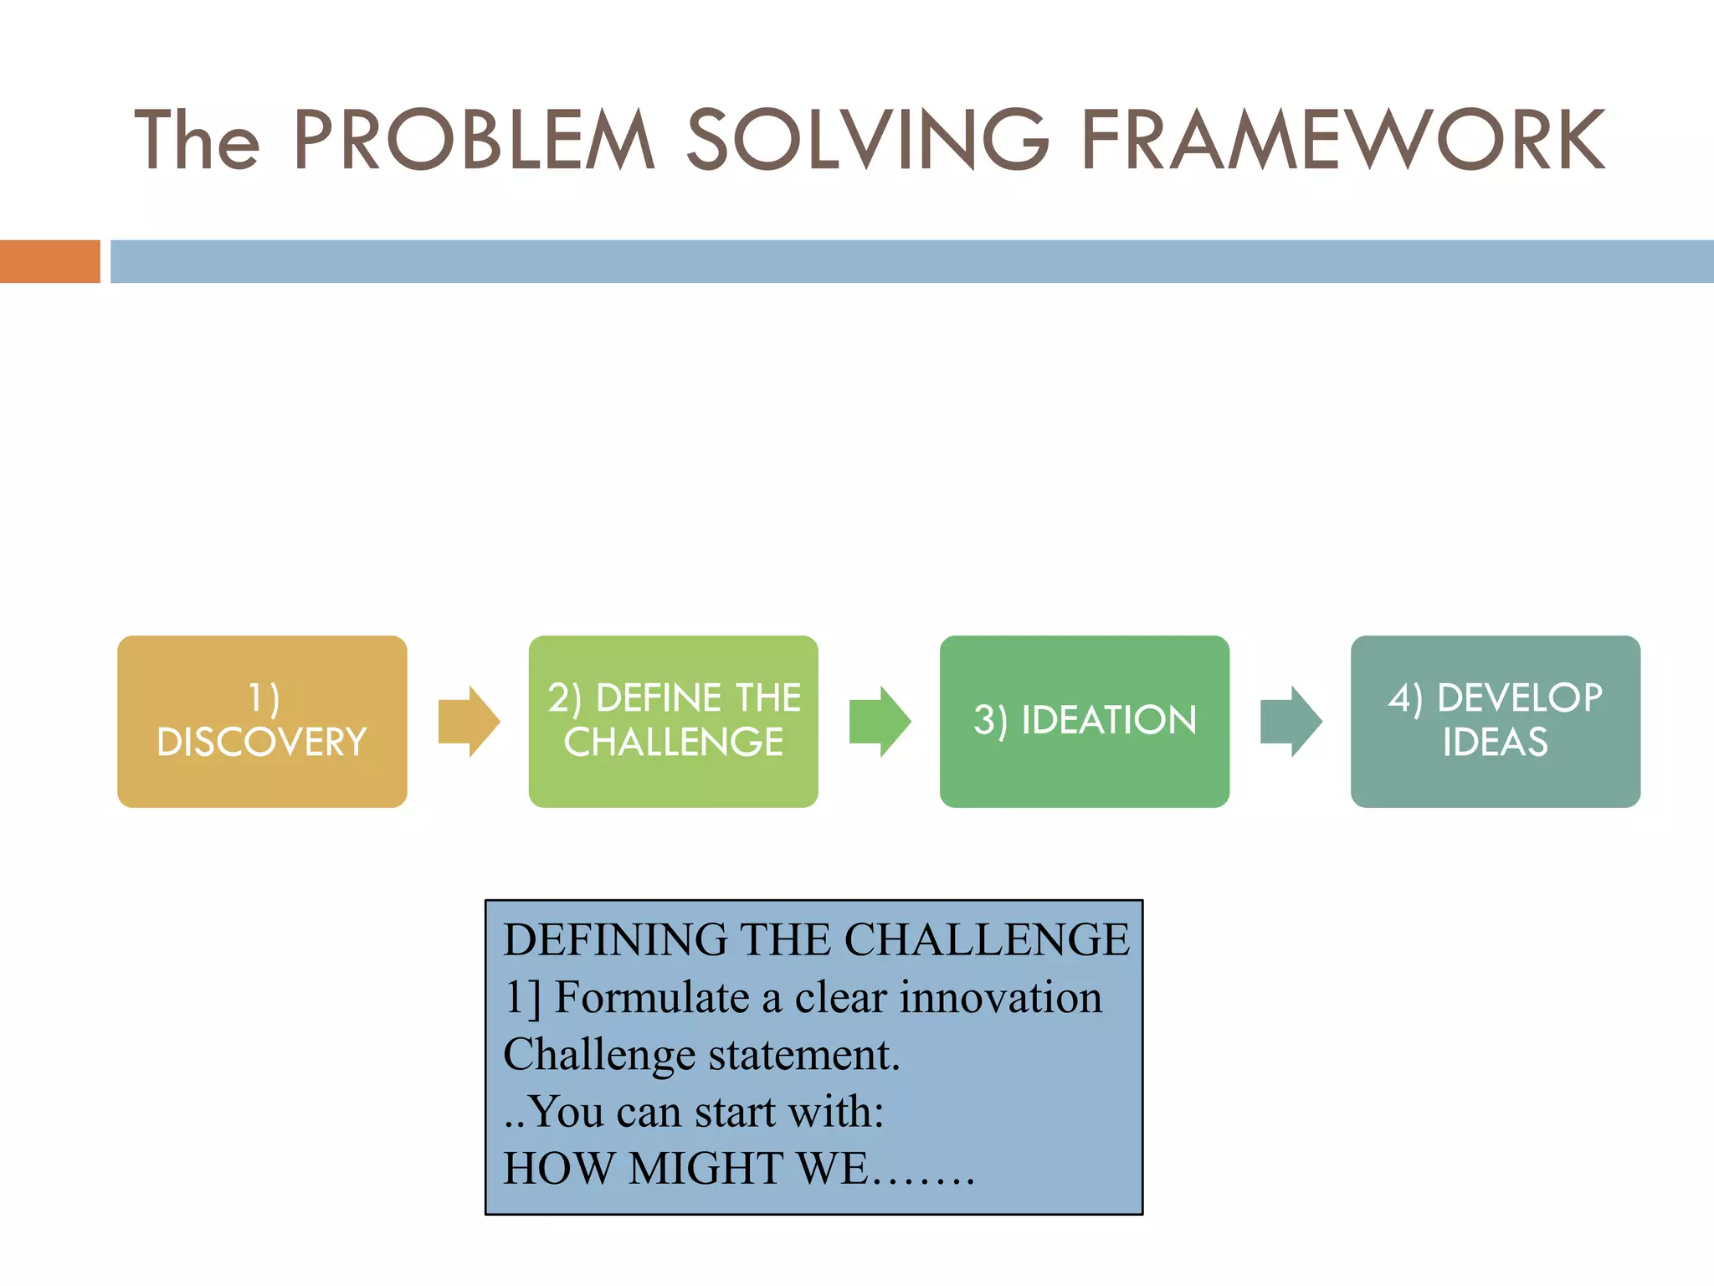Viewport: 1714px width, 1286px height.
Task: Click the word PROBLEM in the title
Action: [473, 141]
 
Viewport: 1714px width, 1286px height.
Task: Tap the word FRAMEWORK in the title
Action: [1342, 141]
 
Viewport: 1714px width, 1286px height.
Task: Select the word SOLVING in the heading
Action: [867, 141]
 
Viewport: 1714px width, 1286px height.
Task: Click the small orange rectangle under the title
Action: [49, 261]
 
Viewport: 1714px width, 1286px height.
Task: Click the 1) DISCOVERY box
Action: [262, 721]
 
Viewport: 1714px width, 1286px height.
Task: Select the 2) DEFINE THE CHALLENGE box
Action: [673, 721]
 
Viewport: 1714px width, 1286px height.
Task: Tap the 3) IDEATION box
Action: [1084, 721]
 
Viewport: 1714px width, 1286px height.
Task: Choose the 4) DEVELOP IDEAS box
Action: [1495, 721]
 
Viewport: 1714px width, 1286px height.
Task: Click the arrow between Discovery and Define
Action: [469, 721]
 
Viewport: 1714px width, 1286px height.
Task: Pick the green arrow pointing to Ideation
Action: [880, 721]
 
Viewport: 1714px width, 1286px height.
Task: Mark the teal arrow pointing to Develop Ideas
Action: [1291, 721]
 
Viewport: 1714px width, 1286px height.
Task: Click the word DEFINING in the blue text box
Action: [615, 939]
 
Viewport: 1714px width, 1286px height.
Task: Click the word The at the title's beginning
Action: [198, 141]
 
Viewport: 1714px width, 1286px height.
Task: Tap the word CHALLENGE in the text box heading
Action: [986, 939]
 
